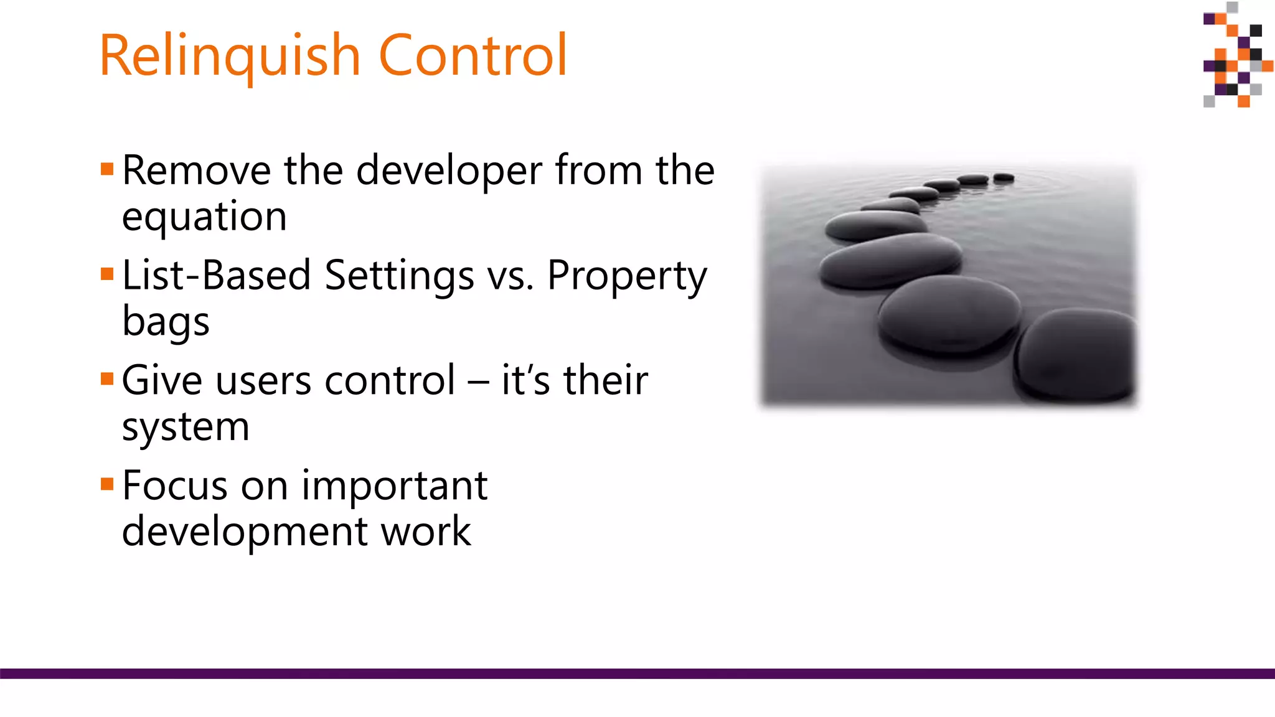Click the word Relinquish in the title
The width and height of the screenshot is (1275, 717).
click(229, 56)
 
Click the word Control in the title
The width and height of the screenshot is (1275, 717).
click(473, 56)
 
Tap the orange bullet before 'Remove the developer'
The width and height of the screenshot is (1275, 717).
click(107, 169)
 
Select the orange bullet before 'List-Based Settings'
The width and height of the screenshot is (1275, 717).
click(107, 274)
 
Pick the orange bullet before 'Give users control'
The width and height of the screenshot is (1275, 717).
click(107, 379)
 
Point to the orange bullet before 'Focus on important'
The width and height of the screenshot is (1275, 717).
click(107, 484)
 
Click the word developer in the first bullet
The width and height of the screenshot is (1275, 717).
click(449, 171)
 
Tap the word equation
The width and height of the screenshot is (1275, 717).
click(204, 218)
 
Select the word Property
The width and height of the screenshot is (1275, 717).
click(626, 276)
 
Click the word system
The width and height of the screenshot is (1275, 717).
click(186, 428)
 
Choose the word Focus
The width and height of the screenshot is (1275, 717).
click(175, 486)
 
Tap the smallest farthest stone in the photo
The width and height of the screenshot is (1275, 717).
click(1004, 178)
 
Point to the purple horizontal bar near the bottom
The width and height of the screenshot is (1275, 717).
click(637, 673)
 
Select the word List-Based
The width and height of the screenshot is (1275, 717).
click(216, 276)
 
